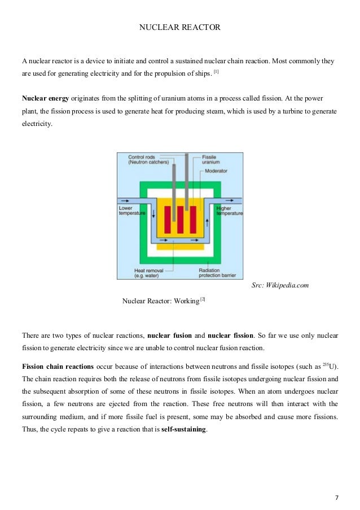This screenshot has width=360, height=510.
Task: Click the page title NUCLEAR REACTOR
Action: (x=180, y=26)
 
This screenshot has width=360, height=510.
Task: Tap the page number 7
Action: (x=337, y=498)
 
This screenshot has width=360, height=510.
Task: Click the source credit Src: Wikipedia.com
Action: (x=280, y=286)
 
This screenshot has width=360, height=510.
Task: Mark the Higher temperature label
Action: (x=229, y=211)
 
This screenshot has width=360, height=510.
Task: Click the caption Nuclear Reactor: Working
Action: (x=161, y=300)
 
